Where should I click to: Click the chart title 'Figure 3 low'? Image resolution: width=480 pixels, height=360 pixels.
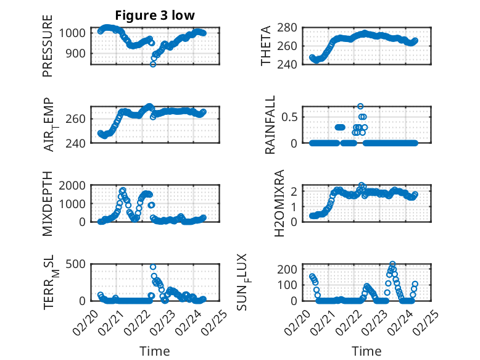[x=155, y=15]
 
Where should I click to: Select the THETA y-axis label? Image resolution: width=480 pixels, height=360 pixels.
[x=266, y=46]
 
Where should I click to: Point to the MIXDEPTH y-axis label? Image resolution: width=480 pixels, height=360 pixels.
[x=48, y=204]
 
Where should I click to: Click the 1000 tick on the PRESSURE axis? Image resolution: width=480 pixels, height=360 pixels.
[x=74, y=33]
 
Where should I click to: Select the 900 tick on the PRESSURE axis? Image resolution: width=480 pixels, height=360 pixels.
[x=77, y=53]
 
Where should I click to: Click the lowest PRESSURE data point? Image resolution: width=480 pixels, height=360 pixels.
[x=153, y=64]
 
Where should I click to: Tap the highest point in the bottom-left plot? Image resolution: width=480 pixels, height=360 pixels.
[x=153, y=267]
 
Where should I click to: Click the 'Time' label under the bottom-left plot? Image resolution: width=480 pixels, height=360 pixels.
[x=155, y=351]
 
